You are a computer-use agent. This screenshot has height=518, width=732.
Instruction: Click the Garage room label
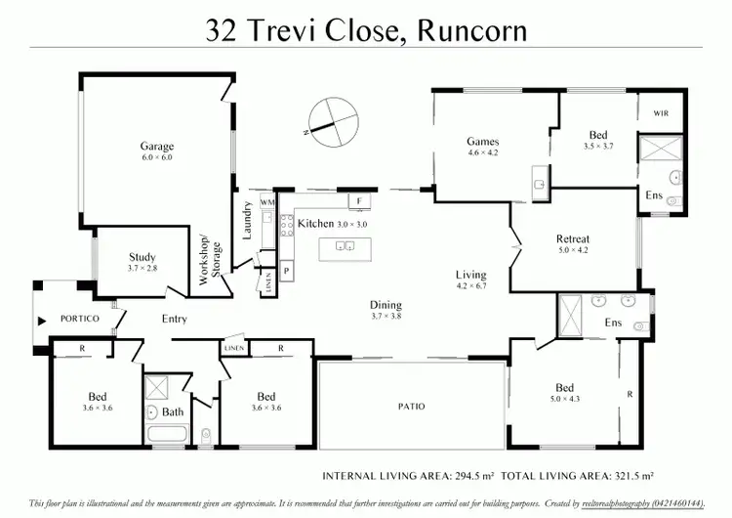156,148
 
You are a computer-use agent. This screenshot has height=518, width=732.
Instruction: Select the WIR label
662,114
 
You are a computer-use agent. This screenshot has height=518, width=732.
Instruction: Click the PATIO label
412,406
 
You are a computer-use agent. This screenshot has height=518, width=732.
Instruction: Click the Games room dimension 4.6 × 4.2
483,153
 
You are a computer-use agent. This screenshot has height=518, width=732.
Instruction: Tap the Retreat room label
573,238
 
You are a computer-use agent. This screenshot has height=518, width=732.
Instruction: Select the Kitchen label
316,224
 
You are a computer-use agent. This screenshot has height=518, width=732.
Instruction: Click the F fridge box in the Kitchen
359,201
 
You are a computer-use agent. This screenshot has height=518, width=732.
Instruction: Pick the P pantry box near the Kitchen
287,269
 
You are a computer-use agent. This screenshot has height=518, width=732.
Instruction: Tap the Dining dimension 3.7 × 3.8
386,317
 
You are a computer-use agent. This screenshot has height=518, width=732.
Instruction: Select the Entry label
175,320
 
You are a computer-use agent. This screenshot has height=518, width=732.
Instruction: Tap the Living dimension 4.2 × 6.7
471,286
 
